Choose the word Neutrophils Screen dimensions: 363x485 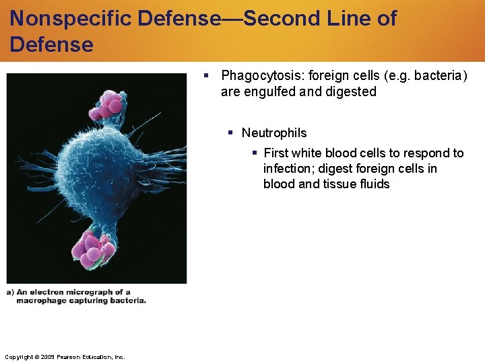pyautogui.click(x=274, y=133)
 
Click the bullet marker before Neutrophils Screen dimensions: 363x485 pyautogui.click(x=231, y=133)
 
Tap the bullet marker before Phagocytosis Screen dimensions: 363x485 pyautogui.click(x=209, y=75)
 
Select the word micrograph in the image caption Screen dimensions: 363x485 pyautogui.click(x=88, y=292)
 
